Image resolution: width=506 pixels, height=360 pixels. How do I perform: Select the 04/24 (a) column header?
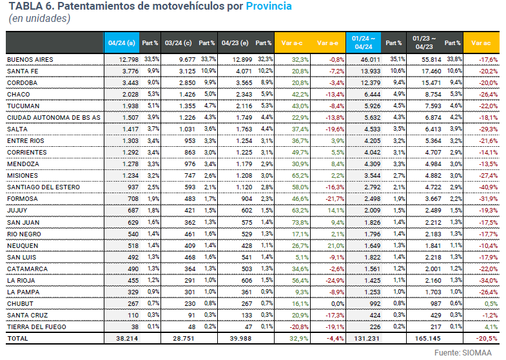pyautogui.click(x=121, y=43)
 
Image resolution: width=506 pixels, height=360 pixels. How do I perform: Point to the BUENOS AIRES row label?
pyautogui.click(x=30, y=60)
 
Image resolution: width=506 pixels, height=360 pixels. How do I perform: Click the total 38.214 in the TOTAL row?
pyautogui.click(x=126, y=338)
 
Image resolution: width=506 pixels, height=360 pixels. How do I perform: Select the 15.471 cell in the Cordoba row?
pyautogui.click(x=429, y=83)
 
